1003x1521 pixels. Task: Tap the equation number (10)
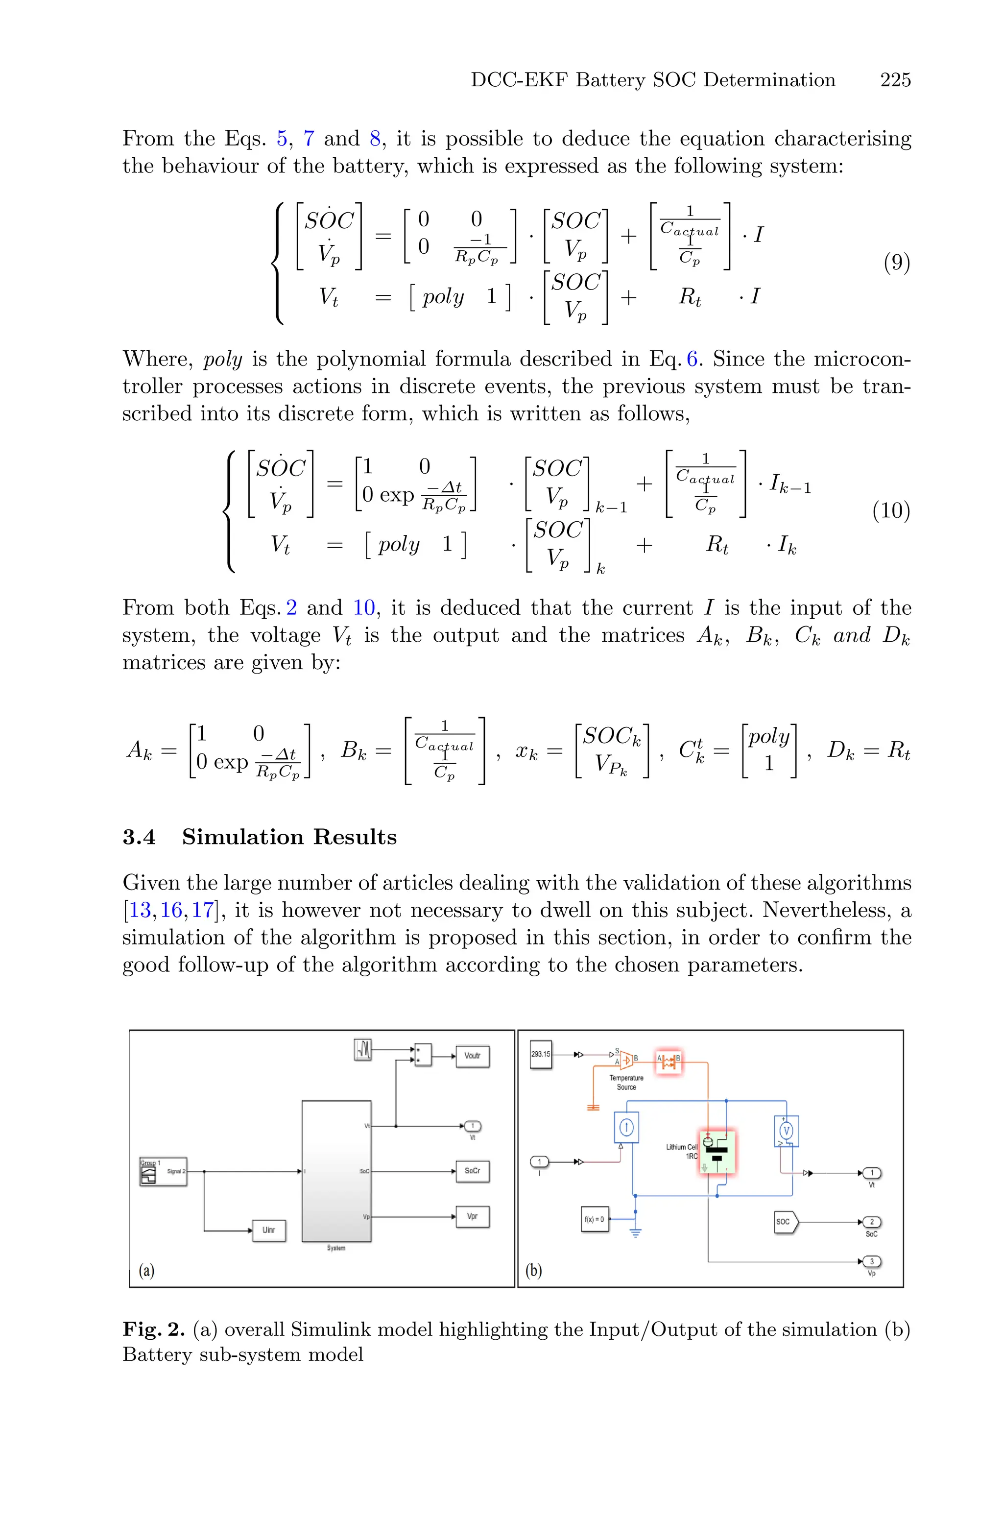pyautogui.click(x=891, y=510)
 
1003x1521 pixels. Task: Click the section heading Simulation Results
pyautogui.click(x=289, y=837)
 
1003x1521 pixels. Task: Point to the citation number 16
pyautogui.click(x=171, y=910)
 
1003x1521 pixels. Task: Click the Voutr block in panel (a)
pyautogui.click(x=472, y=1056)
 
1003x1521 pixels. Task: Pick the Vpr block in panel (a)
pyautogui.click(x=472, y=1216)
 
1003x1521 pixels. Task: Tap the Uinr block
pyautogui.click(x=269, y=1230)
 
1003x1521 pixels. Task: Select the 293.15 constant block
pyautogui.click(x=541, y=1054)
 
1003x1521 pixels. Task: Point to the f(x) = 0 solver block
pyautogui.click(x=594, y=1219)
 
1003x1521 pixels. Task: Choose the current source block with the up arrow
pyautogui.click(x=626, y=1127)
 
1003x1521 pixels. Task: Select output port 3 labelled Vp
pyautogui.click(x=871, y=1261)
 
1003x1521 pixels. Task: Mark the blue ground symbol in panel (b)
pyautogui.click(x=635, y=1232)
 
